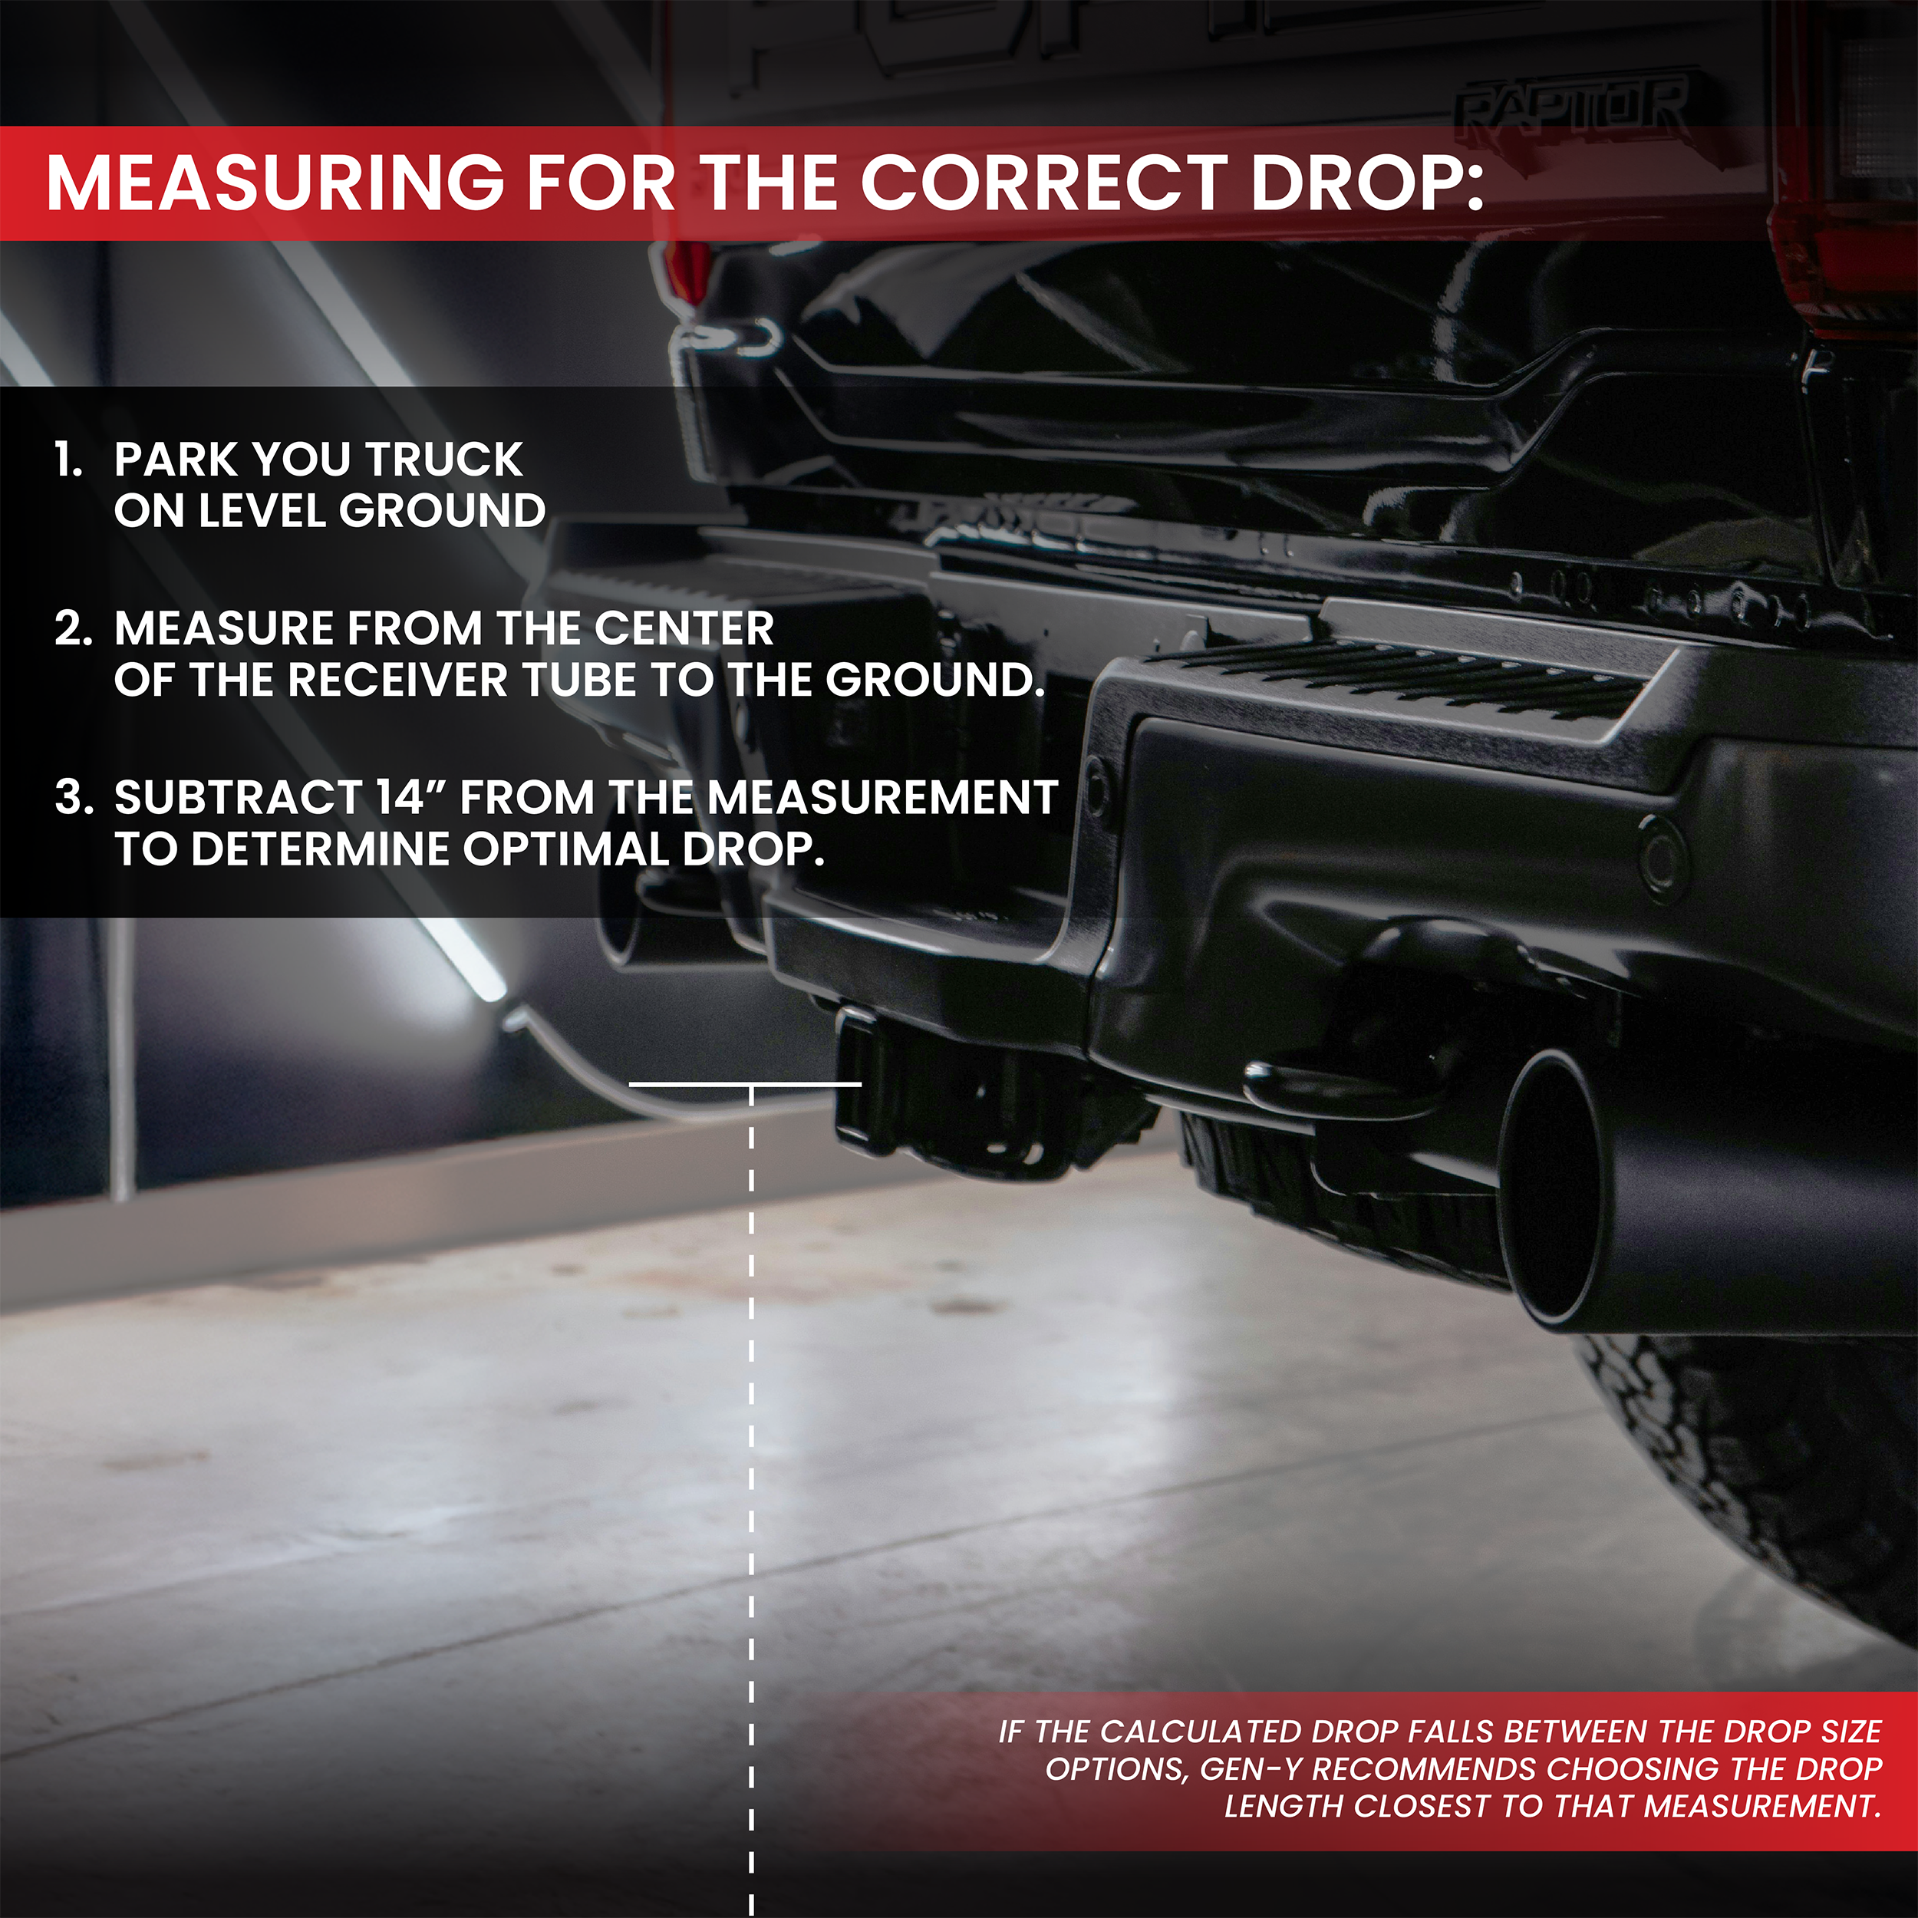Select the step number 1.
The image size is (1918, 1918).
coord(68,460)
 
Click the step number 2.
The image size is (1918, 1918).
coord(71,629)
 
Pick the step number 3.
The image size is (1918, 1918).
coord(72,798)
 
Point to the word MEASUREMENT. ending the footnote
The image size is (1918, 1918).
coord(1761,1807)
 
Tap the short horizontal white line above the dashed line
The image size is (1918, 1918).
coord(744,1084)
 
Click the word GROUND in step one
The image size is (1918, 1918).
coord(442,511)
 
